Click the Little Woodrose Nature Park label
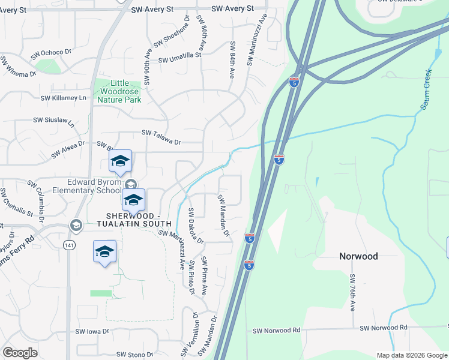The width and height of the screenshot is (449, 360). click(118, 91)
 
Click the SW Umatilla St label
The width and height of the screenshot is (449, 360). click(179, 61)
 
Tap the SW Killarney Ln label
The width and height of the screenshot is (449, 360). click(63, 98)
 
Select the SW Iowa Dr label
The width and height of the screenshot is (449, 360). click(91, 331)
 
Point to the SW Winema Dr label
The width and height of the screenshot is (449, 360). click(18, 67)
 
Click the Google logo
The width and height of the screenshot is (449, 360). click(20, 353)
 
